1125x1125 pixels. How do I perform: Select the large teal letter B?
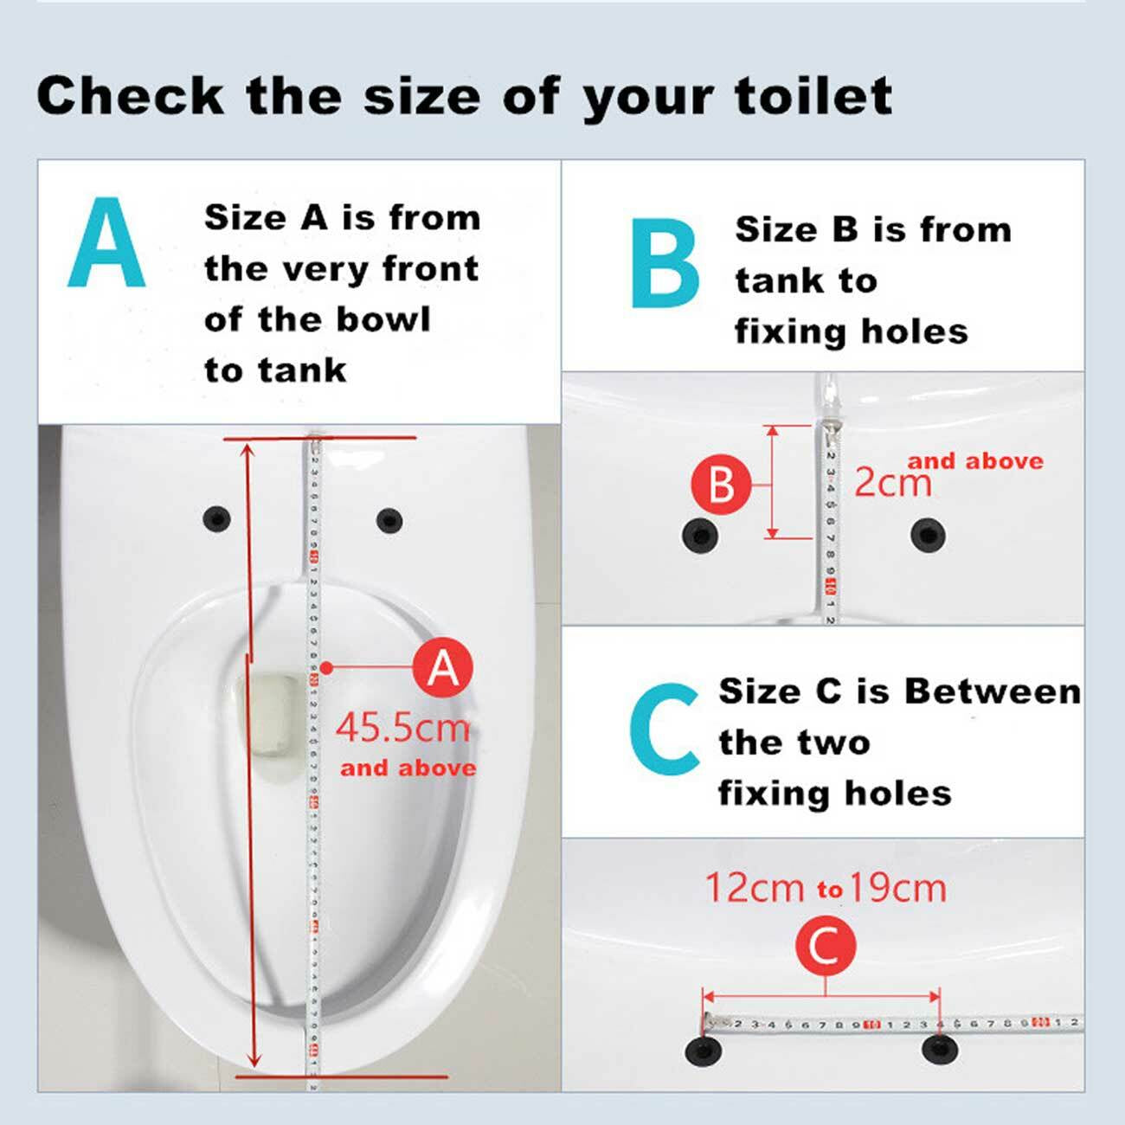point(665,263)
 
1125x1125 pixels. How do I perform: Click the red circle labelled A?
point(442,668)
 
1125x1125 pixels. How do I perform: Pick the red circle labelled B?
point(721,484)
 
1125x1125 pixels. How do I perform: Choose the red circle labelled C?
point(825,945)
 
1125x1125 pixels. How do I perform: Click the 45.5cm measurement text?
point(402,727)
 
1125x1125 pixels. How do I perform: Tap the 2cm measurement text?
point(893,482)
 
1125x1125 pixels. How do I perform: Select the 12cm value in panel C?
point(755,888)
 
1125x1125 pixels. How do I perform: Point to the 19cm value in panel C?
point(897,888)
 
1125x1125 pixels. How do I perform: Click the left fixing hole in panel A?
point(216,519)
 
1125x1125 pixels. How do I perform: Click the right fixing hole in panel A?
point(389,520)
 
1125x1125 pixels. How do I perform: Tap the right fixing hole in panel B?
point(928,535)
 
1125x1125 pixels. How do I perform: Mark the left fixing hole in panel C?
point(703,1051)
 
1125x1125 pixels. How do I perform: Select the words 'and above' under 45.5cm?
point(408,768)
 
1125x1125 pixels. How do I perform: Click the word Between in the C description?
point(993,691)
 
